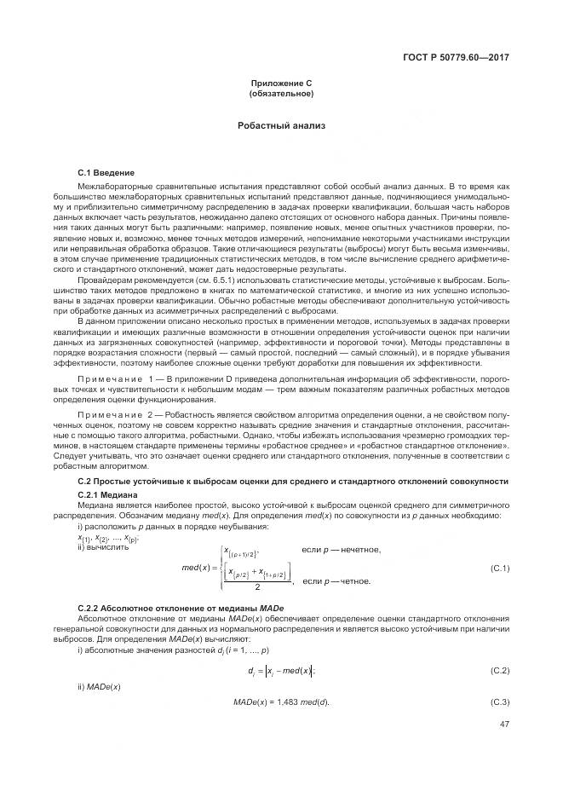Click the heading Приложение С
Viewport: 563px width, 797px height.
(x=281, y=83)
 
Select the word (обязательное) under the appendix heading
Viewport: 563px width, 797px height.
(x=281, y=93)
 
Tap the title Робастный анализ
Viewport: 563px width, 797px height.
(x=281, y=125)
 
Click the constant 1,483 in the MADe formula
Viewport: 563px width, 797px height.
(x=284, y=702)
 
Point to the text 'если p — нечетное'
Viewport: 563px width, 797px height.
(x=342, y=548)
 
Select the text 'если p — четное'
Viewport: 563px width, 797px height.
(x=337, y=581)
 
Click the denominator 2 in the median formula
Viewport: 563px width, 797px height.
(x=257, y=586)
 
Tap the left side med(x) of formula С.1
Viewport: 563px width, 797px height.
(x=198, y=569)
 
